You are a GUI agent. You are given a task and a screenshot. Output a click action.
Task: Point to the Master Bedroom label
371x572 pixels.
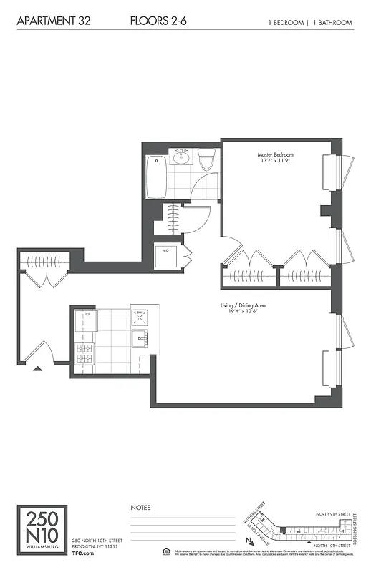[276, 154]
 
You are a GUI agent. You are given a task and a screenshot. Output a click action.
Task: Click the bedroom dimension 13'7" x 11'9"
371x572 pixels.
[276, 162]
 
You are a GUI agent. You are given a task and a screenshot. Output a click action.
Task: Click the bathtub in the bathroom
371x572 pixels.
[155, 177]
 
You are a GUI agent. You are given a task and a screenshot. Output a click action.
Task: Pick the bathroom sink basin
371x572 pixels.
[180, 158]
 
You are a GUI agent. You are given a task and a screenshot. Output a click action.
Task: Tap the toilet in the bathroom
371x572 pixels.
[206, 160]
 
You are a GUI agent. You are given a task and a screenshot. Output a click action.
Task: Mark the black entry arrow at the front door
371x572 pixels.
[37, 369]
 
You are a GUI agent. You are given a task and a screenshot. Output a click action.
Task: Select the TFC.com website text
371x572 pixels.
[83, 553]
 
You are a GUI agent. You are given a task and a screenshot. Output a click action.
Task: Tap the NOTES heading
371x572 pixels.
[140, 508]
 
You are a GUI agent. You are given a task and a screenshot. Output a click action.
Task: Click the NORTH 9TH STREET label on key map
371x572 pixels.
[334, 514]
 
